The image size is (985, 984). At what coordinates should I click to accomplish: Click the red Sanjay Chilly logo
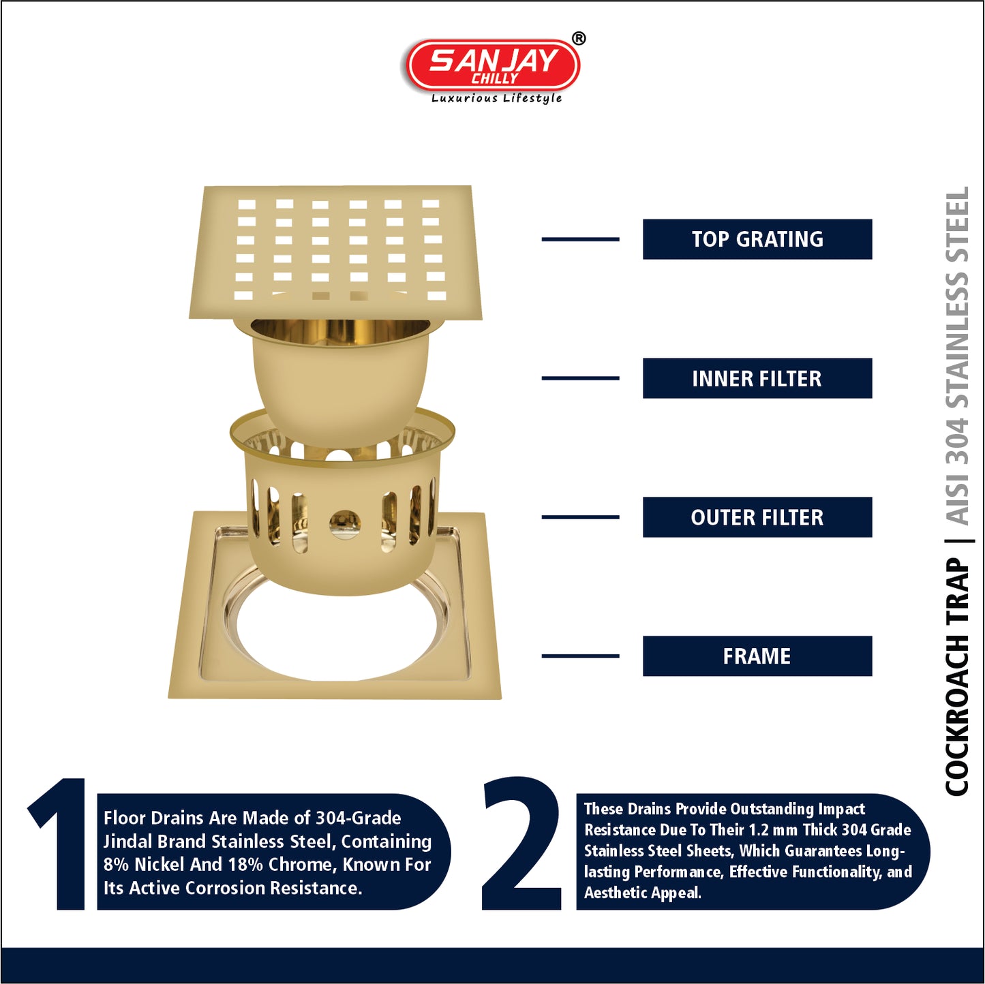coord(493,65)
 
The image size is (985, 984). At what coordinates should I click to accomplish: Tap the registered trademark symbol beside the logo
coord(578,38)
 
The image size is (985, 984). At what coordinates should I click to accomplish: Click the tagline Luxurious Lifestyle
coord(496,98)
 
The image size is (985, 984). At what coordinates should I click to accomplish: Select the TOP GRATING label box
coord(757,239)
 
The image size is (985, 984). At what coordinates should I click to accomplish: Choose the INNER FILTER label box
coord(757,378)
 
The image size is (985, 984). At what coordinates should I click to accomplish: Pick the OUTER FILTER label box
coord(757,517)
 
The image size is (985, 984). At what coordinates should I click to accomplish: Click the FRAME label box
coord(757,656)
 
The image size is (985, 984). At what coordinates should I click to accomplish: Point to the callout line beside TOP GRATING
coord(580,239)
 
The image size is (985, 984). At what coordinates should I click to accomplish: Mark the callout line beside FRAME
coord(580,656)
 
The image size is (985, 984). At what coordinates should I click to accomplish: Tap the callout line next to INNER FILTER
coord(580,378)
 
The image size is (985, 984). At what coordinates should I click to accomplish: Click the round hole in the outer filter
coord(344,523)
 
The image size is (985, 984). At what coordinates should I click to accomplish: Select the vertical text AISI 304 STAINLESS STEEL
coord(958,355)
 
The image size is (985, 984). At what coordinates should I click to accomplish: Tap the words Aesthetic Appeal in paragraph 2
coord(643,893)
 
